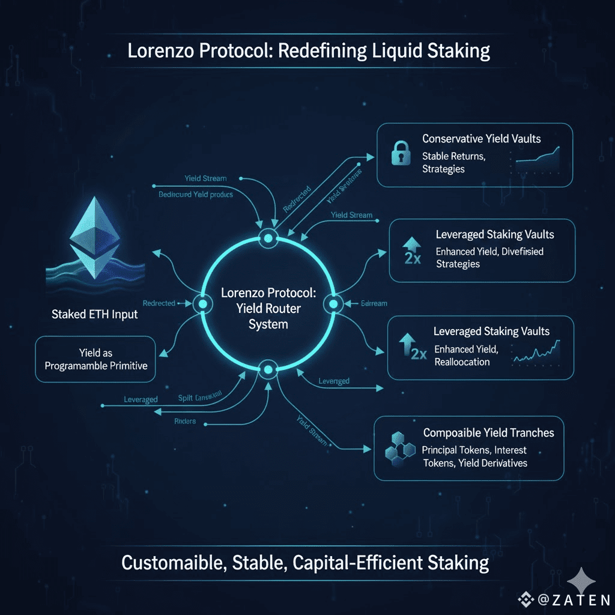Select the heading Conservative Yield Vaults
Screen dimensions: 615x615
coord(481,139)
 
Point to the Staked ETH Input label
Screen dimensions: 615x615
coord(94,314)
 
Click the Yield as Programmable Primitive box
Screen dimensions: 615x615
coord(95,359)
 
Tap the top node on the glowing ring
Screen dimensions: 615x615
coord(267,238)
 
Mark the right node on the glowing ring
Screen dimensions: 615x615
coord(332,304)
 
